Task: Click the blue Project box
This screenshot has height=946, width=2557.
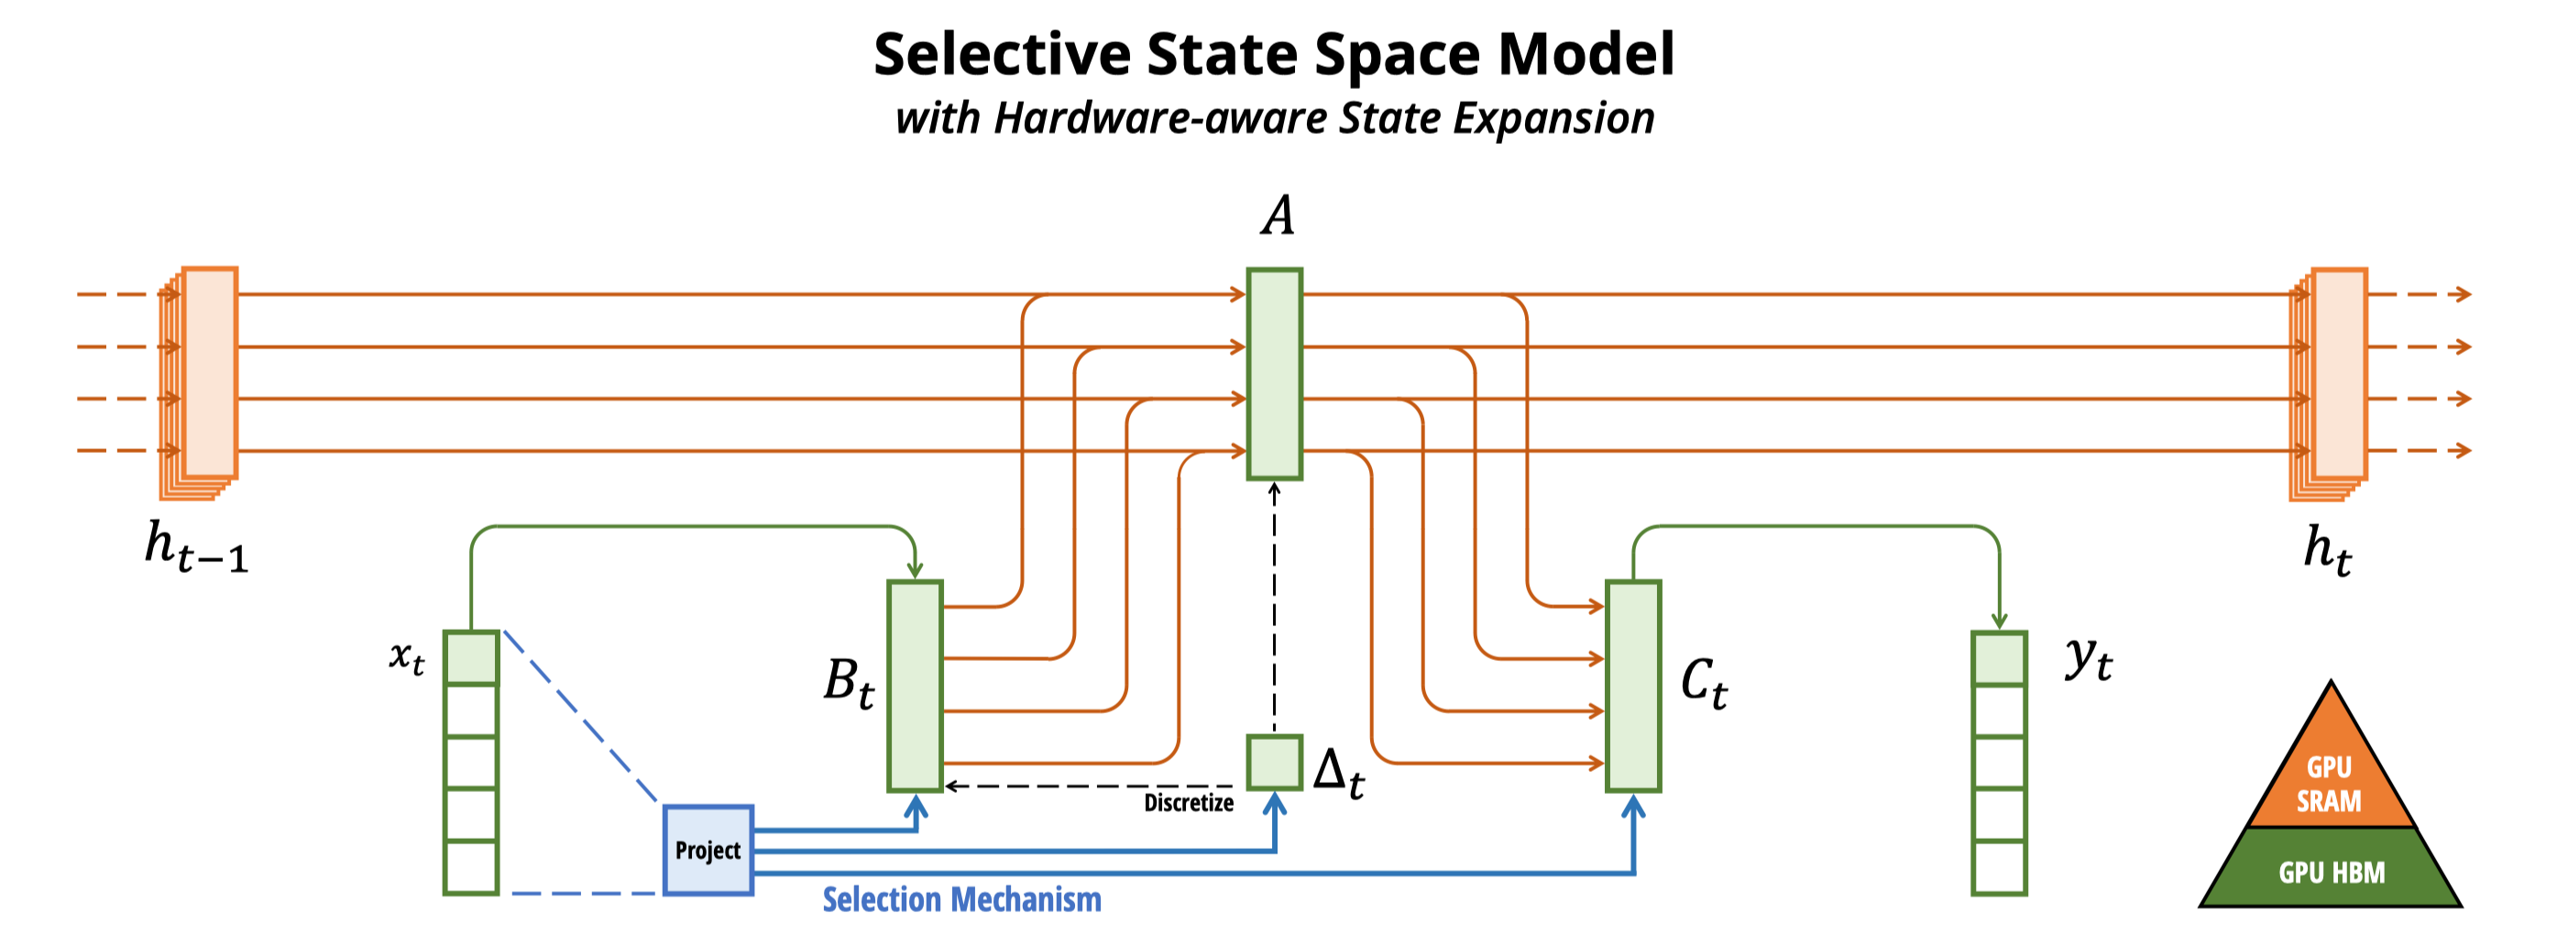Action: [708, 850]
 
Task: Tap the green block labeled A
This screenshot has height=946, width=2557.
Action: [1275, 373]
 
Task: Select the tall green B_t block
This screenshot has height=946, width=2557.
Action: [916, 686]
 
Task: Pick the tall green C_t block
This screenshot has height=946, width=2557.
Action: [1633, 686]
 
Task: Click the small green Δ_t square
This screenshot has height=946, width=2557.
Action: [1275, 763]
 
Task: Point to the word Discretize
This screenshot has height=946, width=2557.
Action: [1188, 802]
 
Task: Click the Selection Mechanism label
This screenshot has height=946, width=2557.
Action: [961, 899]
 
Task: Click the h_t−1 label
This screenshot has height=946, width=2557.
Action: [195, 547]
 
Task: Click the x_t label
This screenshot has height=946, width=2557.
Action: [407, 657]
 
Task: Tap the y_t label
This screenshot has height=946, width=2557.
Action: [2089, 658]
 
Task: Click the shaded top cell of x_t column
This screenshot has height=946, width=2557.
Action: [470, 657]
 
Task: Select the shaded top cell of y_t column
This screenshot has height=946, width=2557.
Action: [1999, 657]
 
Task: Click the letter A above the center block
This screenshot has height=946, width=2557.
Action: [1278, 215]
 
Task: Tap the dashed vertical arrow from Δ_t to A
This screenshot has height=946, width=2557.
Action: [1275, 608]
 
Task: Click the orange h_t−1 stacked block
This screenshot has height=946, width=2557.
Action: [199, 383]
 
